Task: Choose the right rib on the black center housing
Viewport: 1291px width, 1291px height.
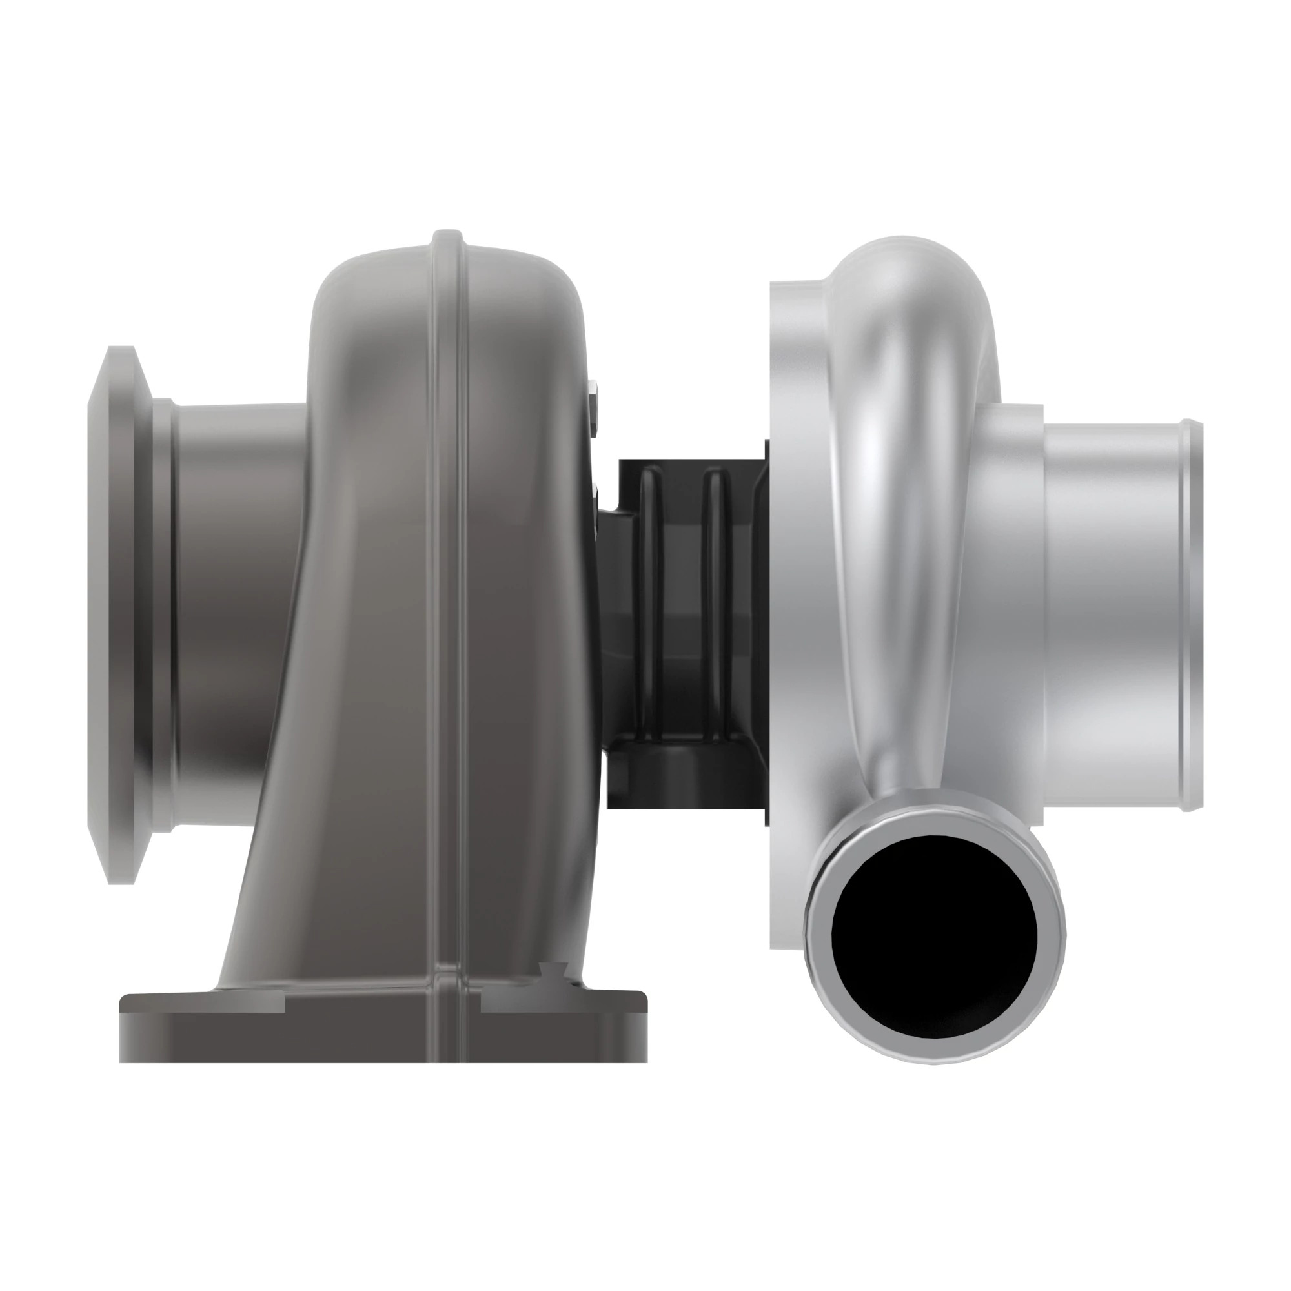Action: tap(715, 602)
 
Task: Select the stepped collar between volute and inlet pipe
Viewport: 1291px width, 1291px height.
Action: tap(1009, 602)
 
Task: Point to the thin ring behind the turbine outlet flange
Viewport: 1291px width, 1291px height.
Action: tap(163, 615)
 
